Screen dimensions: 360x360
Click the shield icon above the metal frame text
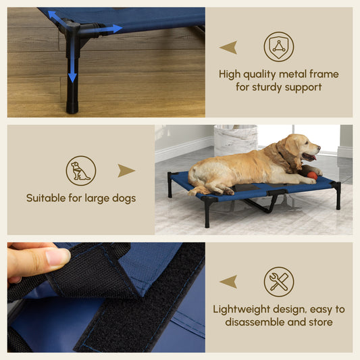(x=278, y=47)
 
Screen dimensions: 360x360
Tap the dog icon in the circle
(x=80, y=171)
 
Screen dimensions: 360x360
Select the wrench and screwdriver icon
(x=278, y=282)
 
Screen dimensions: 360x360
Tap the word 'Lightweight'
(x=243, y=309)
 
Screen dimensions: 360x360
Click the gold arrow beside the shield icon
(x=228, y=47)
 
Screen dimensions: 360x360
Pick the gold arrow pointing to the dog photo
(x=126, y=170)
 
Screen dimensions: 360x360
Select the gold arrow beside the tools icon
(x=228, y=282)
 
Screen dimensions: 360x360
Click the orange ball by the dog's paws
(x=312, y=175)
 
